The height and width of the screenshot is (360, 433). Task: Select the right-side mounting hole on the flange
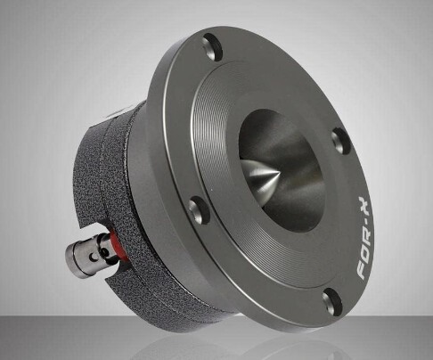[x=340, y=138]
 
